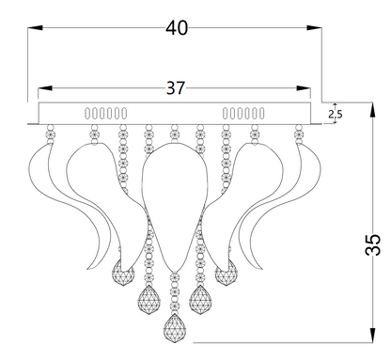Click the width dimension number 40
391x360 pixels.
click(176, 27)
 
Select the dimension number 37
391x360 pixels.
click(175, 87)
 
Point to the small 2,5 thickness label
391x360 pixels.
click(336, 115)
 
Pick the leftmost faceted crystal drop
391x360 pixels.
click(121, 274)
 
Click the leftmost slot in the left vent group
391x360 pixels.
click(88, 113)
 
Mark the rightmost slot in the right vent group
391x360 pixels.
click(260, 113)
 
